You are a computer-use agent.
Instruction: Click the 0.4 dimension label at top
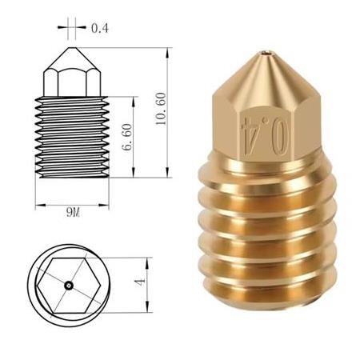tap(99, 28)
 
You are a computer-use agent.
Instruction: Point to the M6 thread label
tap(73, 211)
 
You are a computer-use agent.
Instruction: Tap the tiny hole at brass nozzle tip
tap(265, 55)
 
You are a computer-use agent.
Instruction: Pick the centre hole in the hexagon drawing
tap(70, 283)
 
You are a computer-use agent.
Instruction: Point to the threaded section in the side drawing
tap(71, 136)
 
